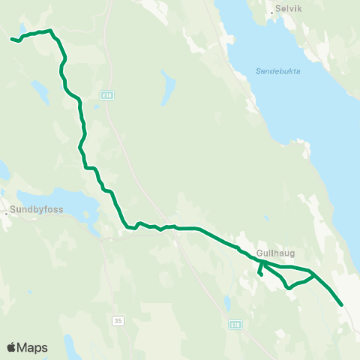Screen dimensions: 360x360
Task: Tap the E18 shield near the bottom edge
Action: pyautogui.click(x=235, y=324)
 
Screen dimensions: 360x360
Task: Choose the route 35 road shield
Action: pyautogui.click(x=118, y=320)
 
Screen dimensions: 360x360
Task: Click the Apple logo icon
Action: pyautogui.click(x=11, y=347)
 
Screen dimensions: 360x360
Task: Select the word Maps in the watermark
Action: pyautogui.click(x=32, y=348)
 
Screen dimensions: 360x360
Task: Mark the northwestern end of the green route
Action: pyautogui.click(x=11, y=38)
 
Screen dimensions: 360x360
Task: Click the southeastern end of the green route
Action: pyautogui.click(x=342, y=304)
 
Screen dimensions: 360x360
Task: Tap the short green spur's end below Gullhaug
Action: pyautogui.click(x=260, y=275)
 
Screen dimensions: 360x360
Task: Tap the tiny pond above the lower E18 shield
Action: pyautogui.click(x=226, y=303)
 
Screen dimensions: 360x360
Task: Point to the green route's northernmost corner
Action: pyautogui.click(x=50, y=31)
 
